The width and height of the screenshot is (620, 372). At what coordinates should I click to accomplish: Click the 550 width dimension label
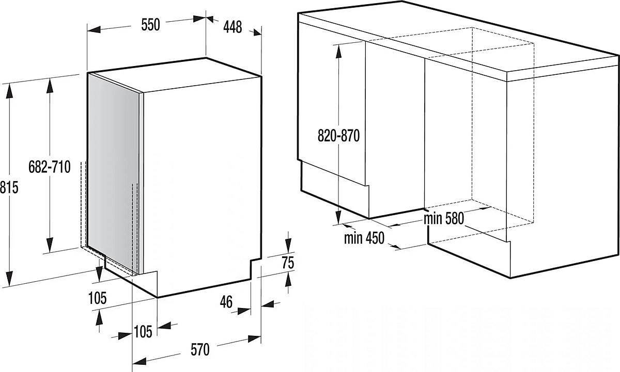(x=150, y=25)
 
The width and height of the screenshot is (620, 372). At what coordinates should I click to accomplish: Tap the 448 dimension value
(x=233, y=27)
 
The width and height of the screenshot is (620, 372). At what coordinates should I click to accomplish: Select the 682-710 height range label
(x=50, y=167)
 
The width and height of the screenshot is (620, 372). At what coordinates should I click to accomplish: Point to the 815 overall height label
(x=9, y=187)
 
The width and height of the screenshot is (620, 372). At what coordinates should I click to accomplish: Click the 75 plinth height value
(x=288, y=263)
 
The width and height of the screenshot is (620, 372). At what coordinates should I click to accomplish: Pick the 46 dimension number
(x=226, y=301)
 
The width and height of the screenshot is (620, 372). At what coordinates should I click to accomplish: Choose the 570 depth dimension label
(x=200, y=350)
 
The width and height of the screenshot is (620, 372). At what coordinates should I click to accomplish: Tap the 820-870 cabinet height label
(x=338, y=135)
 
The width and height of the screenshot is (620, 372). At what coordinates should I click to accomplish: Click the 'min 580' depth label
(x=444, y=218)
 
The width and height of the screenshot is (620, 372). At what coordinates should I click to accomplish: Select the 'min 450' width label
(x=364, y=238)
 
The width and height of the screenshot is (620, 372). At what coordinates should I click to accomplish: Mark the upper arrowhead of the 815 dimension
(x=9, y=91)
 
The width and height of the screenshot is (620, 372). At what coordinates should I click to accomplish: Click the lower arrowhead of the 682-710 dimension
(x=50, y=245)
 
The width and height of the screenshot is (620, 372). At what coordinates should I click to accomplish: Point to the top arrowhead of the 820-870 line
(x=338, y=52)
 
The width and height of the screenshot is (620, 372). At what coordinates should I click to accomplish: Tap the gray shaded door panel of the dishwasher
(x=114, y=171)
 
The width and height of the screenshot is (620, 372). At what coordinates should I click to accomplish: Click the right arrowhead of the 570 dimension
(x=254, y=339)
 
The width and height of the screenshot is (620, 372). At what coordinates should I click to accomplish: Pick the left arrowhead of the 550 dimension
(x=94, y=29)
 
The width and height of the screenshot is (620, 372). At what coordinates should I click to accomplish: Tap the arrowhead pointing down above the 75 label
(x=288, y=246)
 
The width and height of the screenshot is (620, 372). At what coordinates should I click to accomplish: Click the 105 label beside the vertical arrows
(x=97, y=298)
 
